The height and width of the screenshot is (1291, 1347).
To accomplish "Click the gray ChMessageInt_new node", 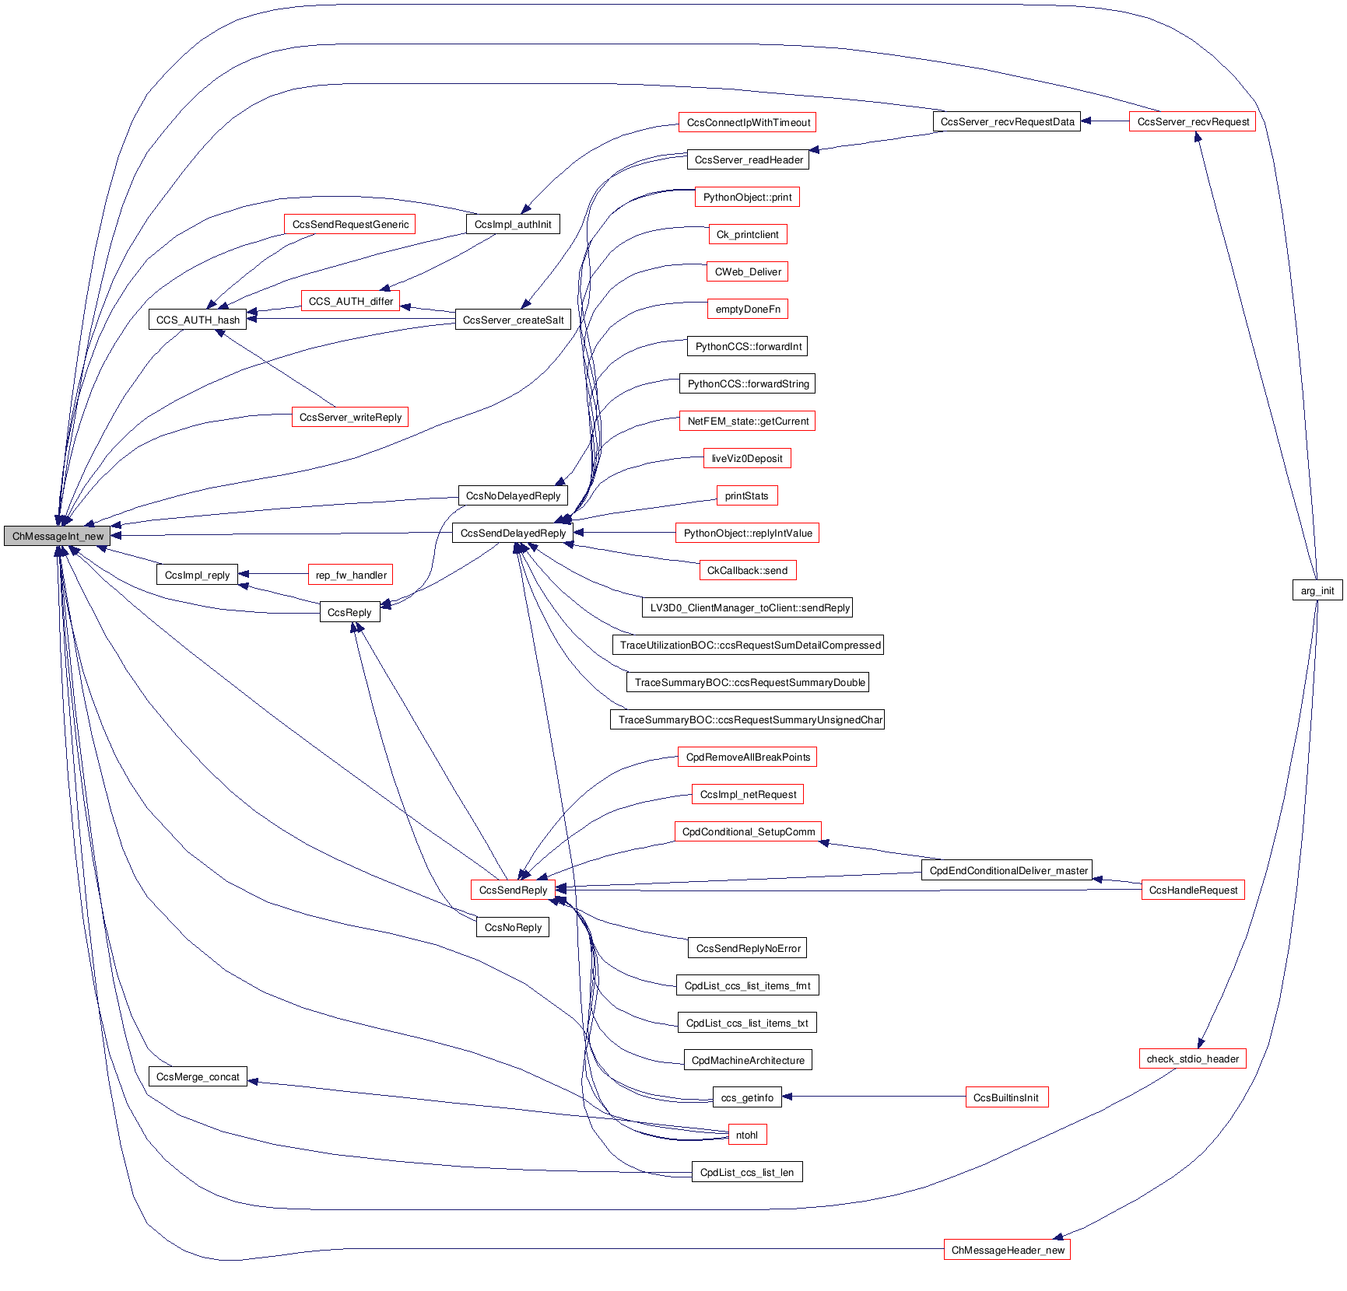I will tap(58, 536).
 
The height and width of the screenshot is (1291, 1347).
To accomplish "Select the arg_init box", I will tap(1317, 590).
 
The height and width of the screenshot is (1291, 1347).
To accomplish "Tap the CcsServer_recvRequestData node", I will tap(1006, 121).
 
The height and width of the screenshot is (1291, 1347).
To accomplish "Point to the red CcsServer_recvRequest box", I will tap(1192, 121).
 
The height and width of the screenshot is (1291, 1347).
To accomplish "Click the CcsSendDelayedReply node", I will tap(513, 533).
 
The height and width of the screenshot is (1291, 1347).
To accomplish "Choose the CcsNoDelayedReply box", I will tap(513, 495).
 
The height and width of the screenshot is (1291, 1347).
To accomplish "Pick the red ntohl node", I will tap(746, 1135).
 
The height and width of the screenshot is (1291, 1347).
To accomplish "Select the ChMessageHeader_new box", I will tap(1007, 1250).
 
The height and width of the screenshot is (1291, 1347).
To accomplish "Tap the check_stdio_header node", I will tap(1192, 1058).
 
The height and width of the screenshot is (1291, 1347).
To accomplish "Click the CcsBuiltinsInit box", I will tap(1006, 1097).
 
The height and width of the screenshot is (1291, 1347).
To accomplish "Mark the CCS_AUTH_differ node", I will tap(350, 301).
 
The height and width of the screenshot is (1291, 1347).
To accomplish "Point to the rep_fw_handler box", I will tap(351, 575).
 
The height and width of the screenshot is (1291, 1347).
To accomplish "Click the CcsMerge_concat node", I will tap(198, 1076).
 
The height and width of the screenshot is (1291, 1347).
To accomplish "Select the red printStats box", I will tap(746, 495).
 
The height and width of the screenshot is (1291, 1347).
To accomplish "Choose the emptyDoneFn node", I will tap(747, 309).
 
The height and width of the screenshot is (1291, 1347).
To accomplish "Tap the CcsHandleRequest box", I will tap(1192, 890).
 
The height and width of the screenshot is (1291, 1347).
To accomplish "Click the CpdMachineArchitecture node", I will tap(747, 1060).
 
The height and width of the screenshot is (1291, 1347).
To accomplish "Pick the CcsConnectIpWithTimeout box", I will tap(748, 122).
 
